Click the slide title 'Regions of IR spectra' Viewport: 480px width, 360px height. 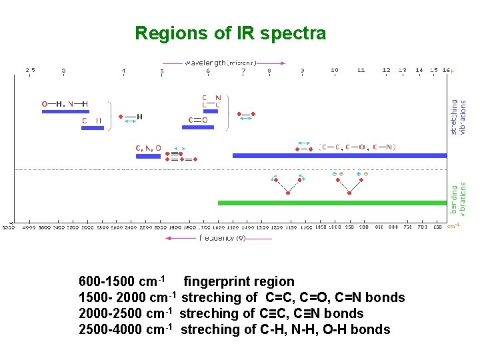pyautogui.click(x=230, y=33)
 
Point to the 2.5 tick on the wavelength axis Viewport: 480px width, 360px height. pyautogui.click(x=31, y=70)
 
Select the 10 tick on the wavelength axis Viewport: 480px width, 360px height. pyautogui.click(x=335, y=70)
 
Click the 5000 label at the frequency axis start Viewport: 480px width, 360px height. pyautogui.click(x=9, y=227)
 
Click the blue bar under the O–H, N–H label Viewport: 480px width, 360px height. pyautogui.click(x=65, y=112)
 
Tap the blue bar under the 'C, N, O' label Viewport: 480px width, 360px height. pyautogui.click(x=148, y=157)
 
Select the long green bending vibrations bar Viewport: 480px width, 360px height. pyautogui.click(x=332, y=203)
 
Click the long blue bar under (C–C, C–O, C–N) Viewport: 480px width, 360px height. pyautogui.click(x=339, y=155)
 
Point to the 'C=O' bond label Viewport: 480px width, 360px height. pyautogui.click(x=197, y=120)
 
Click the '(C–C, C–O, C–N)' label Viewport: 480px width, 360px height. pyautogui.click(x=357, y=147)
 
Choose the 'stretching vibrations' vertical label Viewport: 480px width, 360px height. pyautogui.click(x=459, y=117)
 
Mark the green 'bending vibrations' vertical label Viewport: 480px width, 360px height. pyautogui.click(x=459, y=199)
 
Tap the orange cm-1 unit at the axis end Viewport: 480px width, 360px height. pyautogui.click(x=453, y=225)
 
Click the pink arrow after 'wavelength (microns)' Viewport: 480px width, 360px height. pyautogui.click(x=273, y=63)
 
